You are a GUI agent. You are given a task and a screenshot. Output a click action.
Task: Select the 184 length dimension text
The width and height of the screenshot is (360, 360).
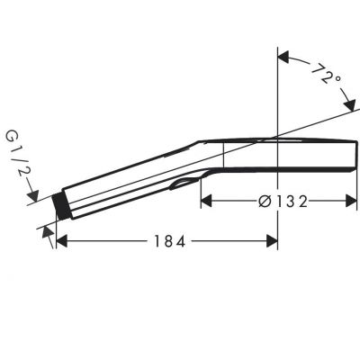pyautogui.click(x=167, y=242)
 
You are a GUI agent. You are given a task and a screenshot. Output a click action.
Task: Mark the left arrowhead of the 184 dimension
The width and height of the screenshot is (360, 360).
pyautogui.click(x=61, y=241)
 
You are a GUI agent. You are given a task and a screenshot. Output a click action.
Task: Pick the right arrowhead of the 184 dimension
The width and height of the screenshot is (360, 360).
pyautogui.click(x=272, y=241)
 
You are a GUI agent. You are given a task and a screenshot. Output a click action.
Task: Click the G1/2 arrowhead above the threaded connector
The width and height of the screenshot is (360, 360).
pyautogui.click(x=34, y=193)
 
